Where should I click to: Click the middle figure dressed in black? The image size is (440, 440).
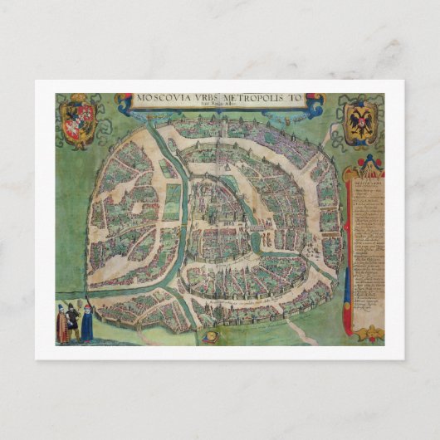73,320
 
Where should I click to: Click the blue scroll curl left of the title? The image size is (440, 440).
125,103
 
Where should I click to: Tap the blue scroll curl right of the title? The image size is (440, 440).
315,103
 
